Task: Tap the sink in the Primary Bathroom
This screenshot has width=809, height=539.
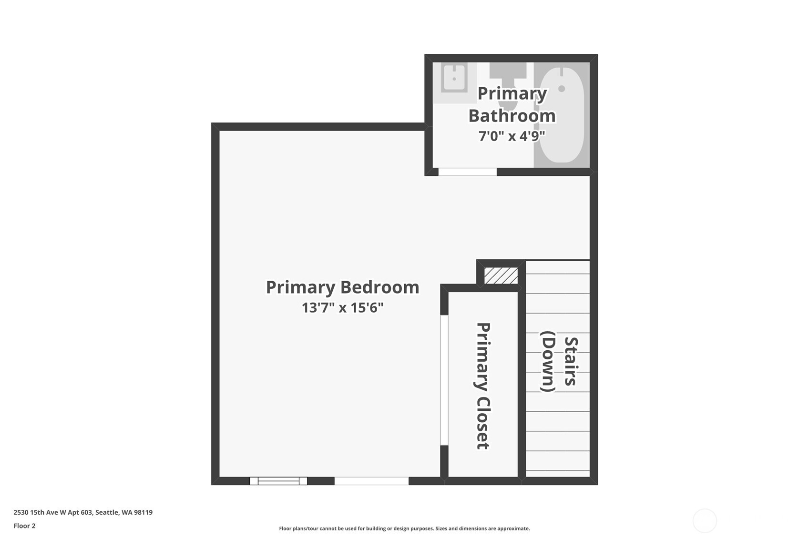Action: (x=454, y=77)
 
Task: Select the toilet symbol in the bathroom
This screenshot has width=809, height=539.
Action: (x=508, y=71)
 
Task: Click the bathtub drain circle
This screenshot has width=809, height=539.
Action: (x=562, y=89)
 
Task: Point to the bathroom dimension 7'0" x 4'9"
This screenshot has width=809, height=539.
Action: (x=512, y=136)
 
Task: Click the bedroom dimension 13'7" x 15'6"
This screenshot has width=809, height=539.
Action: (x=342, y=308)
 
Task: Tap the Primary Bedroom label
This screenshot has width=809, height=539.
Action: (x=342, y=287)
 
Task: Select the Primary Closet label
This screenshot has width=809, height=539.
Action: (x=483, y=386)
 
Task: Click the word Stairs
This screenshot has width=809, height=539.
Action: (x=571, y=361)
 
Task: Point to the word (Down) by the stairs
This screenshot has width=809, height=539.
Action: (x=548, y=361)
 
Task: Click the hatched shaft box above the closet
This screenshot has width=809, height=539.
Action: (x=501, y=275)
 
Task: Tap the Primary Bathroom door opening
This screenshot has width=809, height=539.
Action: (x=467, y=172)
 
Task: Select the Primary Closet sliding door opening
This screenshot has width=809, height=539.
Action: (x=444, y=380)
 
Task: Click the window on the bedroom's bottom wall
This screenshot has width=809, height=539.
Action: (x=278, y=481)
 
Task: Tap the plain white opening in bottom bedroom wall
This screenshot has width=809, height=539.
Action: (x=371, y=481)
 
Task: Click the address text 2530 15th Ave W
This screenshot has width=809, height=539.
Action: (x=83, y=512)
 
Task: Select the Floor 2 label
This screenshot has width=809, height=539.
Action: (x=24, y=526)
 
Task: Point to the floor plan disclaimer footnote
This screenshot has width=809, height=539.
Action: (x=404, y=529)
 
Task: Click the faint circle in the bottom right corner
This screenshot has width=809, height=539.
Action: (x=705, y=520)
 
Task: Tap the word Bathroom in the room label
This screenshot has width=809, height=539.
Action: (x=512, y=116)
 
